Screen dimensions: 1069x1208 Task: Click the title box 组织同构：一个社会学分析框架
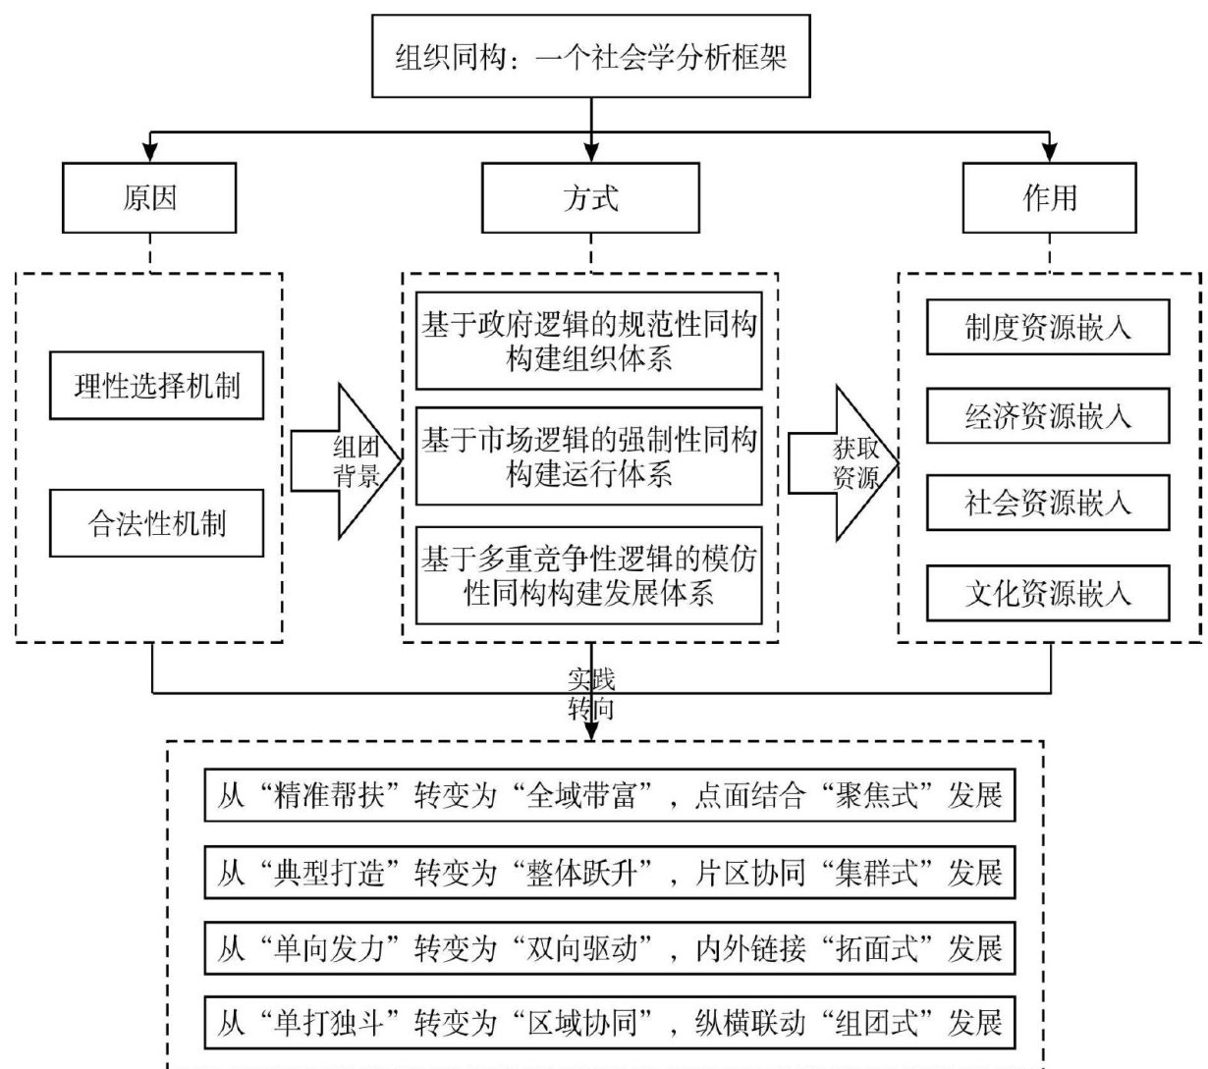tap(591, 56)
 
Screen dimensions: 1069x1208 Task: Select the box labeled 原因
tap(149, 198)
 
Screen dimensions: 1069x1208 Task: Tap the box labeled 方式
tap(590, 198)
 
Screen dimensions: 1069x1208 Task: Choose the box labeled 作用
tap(1049, 198)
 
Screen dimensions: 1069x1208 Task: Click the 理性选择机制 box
tap(157, 386)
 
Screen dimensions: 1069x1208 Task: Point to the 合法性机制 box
tap(157, 523)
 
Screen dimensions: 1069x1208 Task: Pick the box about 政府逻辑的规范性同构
tap(589, 341)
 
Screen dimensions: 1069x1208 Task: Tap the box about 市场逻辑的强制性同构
tap(589, 456)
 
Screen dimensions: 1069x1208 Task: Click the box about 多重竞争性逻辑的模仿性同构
tap(589, 576)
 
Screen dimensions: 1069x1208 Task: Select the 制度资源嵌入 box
tap(1048, 327)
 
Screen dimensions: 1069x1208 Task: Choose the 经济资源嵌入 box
tap(1048, 416)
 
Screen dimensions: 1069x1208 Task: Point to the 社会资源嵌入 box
tap(1048, 504)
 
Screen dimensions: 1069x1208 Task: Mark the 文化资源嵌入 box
tap(1048, 593)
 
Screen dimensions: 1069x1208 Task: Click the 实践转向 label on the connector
tap(591, 693)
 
